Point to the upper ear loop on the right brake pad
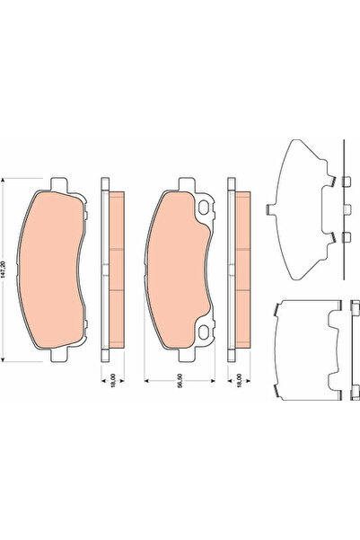(209, 210)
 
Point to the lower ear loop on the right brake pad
(209, 328)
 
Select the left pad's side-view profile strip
(112, 269)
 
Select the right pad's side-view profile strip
(241, 269)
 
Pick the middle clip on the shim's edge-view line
(344, 209)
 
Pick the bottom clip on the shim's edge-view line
(344, 237)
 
